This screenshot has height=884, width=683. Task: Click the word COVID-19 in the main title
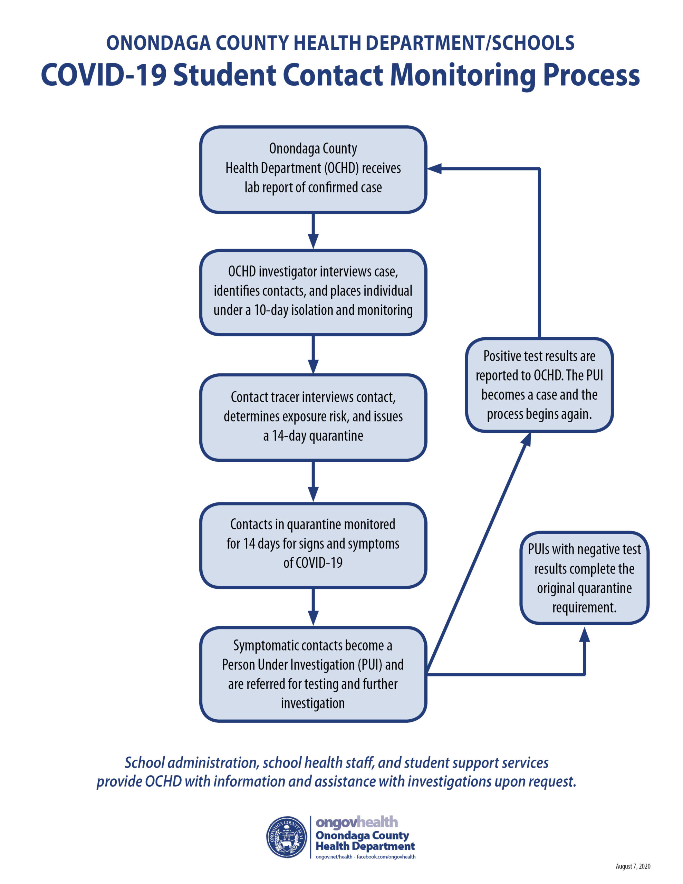tap(104, 75)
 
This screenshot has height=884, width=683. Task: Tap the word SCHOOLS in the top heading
tap(533, 43)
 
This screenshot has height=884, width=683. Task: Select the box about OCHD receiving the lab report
tap(313, 170)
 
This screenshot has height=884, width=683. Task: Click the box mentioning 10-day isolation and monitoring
tap(313, 292)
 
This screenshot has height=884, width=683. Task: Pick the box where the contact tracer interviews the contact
tap(313, 417)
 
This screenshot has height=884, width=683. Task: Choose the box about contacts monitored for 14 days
tap(313, 545)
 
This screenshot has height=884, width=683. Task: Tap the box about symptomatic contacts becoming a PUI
tap(313, 674)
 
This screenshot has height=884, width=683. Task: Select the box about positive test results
tap(539, 385)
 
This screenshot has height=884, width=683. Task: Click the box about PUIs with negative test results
tap(584, 578)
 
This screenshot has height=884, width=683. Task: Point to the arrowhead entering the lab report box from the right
tap(434, 169)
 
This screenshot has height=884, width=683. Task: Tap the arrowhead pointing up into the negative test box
tap(584, 634)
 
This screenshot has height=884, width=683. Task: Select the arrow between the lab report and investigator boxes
tap(313, 231)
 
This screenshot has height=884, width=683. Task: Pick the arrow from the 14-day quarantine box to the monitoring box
tap(313, 482)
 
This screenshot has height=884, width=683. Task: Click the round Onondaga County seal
tap(287, 837)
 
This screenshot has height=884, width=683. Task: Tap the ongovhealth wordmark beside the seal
tap(357, 823)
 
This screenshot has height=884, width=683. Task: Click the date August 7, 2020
tap(633, 866)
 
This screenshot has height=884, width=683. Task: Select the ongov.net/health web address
tap(334, 856)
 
